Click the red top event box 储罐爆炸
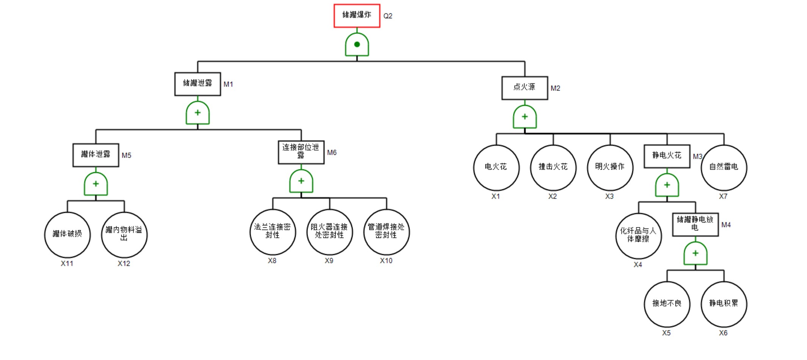356,16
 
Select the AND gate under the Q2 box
356,44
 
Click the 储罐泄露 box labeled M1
197,84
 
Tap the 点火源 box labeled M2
524,88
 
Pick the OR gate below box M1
197,113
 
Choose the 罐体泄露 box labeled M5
96,155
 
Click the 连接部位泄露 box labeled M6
301,152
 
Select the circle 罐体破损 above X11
67,234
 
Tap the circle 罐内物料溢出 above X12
124,234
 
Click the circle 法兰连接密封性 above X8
272,232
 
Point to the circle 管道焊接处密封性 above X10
386,232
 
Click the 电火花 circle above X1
496,167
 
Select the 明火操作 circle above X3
610,167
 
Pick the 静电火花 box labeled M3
667,156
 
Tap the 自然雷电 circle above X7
724,167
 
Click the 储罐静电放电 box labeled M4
695,224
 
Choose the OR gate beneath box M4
695,253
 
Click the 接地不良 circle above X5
667,304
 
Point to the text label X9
329,261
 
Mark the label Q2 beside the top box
388,16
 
